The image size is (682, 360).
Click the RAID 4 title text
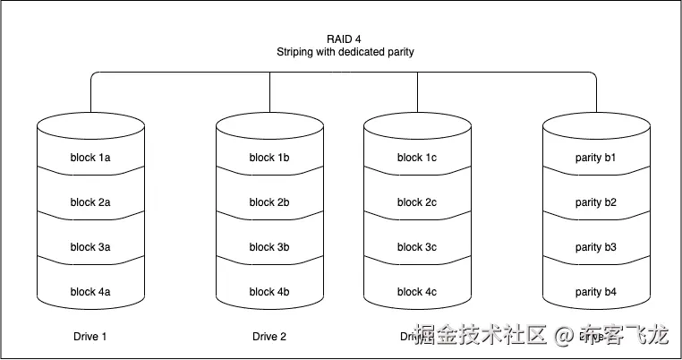pyautogui.click(x=345, y=38)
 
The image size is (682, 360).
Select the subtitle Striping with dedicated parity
pyautogui.click(x=345, y=52)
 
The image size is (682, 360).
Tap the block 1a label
pyautogui.click(x=90, y=158)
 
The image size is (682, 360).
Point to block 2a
pyautogui.click(x=90, y=202)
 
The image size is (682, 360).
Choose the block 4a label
pyautogui.click(x=90, y=292)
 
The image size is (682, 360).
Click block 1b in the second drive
pyautogui.click(x=269, y=158)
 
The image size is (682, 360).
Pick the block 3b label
pyautogui.click(x=269, y=247)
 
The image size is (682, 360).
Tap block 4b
pyautogui.click(x=269, y=292)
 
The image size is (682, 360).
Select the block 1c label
pyautogui.click(x=417, y=158)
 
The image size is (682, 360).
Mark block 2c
pyautogui.click(x=417, y=202)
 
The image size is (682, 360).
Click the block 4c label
pyautogui.click(x=417, y=292)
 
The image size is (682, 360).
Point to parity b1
pyautogui.click(x=596, y=158)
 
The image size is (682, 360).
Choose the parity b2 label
pyautogui.click(x=596, y=202)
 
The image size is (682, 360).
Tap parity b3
pyautogui.click(x=596, y=247)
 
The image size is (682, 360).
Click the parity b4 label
pyautogui.click(x=596, y=292)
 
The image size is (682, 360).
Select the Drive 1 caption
pyautogui.click(x=90, y=338)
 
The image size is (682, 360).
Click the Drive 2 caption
pyautogui.click(x=269, y=338)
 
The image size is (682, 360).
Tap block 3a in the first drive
pyautogui.click(x=90, y=247)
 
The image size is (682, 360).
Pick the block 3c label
pyautogui.click(x=417, y=247)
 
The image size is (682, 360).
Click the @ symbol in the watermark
pyautogui.click(x=563, y=337)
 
